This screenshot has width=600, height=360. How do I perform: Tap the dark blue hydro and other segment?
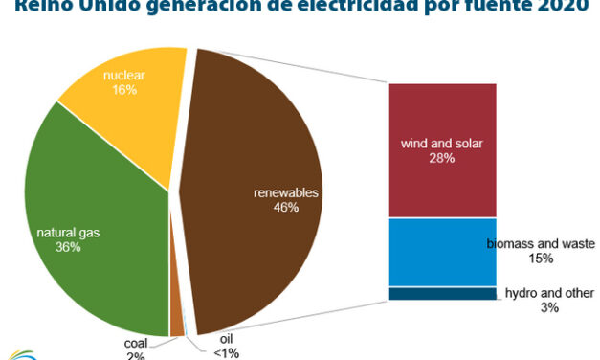[441, 293]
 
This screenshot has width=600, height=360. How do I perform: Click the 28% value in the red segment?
[442, 158]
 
